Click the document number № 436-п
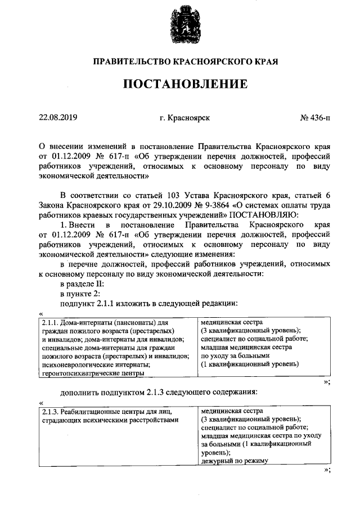point(316,118)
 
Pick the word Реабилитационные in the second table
point(91,411)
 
